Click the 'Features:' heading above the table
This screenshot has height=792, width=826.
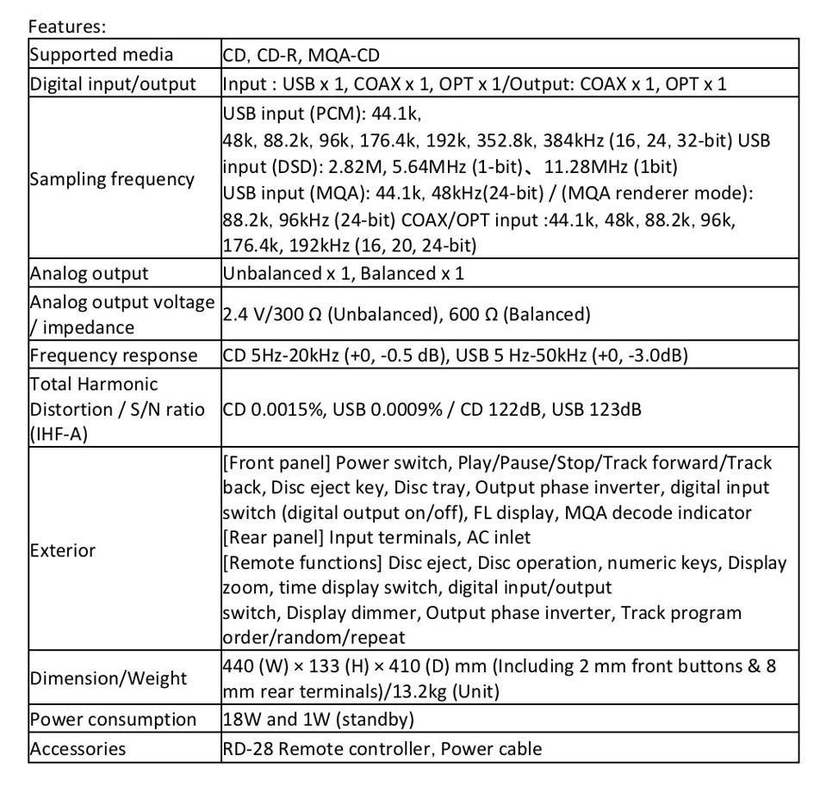click(67, 27)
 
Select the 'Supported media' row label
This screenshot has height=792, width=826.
click(102, 55)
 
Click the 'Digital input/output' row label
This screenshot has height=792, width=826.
click(113, 84)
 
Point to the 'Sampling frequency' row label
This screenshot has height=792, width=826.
click(112, 179)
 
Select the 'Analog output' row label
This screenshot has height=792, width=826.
click(89, 274)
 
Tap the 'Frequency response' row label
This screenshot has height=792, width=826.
click(113, 355)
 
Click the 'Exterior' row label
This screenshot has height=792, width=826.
click(62, 550)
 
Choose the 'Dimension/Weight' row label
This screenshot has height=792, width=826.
click(108, 678)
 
